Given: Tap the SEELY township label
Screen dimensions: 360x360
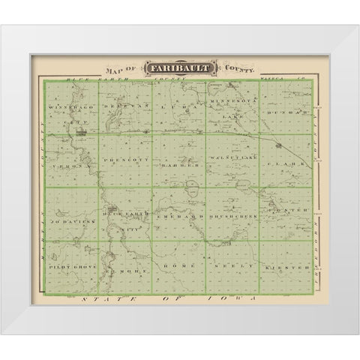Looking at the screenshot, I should click(x=231, y=267).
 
